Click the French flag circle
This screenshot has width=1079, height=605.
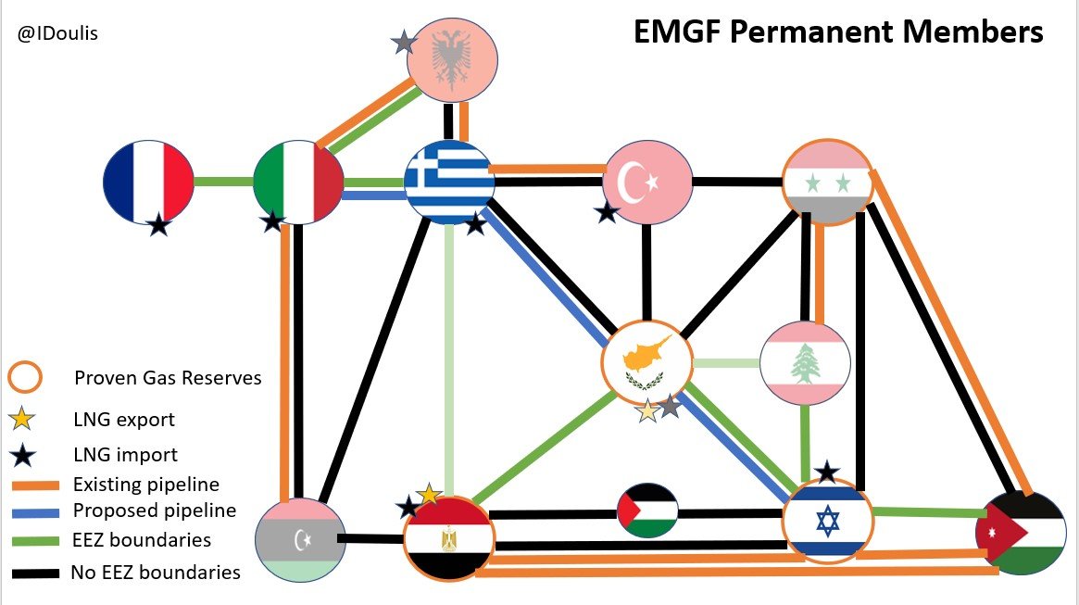(x=148, y=182)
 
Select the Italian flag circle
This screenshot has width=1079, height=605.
(x=298, y=182)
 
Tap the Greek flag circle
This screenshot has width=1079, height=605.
(x=449, y=182)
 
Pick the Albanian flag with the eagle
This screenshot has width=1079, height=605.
(x=453, y=61)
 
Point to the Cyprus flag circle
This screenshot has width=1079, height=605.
(x=646, y=362)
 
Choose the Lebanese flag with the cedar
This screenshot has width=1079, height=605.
(x=805, y=362)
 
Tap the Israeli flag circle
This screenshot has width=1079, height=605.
(x=827, y=520)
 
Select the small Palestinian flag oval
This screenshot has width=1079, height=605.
(x=647, y=510)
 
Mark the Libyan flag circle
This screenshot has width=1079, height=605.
(x=299, y=540)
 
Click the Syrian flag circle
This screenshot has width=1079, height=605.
(x=827, y=182)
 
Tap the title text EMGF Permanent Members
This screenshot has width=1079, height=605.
(x=838, y=32)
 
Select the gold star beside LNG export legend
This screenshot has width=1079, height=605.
(x=25, y=419)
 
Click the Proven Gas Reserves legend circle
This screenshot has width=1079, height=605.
(x=25, y=377)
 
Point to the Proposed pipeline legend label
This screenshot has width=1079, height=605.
(x=155, y=510)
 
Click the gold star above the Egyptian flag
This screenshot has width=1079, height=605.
(x=429, y=495)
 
